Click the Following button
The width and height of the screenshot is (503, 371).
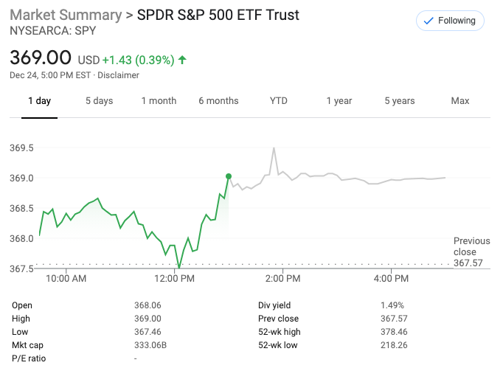pos(450,21)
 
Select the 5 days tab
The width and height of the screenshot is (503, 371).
pos(99,101)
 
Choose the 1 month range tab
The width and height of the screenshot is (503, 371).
pos(159,101)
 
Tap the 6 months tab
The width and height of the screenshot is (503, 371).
pos(218,101)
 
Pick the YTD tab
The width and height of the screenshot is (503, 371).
pos(279,101)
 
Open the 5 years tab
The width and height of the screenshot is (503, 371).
pos(399,101)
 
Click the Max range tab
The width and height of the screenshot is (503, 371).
pos(460,101)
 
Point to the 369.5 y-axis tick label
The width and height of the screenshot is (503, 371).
pos(21,148)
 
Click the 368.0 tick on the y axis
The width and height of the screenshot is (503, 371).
pos(21,238)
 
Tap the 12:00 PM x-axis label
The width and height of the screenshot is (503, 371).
pos(176,279)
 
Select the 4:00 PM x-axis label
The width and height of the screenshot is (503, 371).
pos(392,279)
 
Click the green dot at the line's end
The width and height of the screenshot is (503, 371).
pos(229,176)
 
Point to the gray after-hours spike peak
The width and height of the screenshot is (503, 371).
pos(274,148)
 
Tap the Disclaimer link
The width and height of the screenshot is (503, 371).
pos(118,75)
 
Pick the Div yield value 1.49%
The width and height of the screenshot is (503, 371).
pos(392,305)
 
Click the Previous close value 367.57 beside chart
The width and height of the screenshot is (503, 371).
pos(469,263)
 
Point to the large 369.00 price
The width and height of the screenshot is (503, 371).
pos(41,58)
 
